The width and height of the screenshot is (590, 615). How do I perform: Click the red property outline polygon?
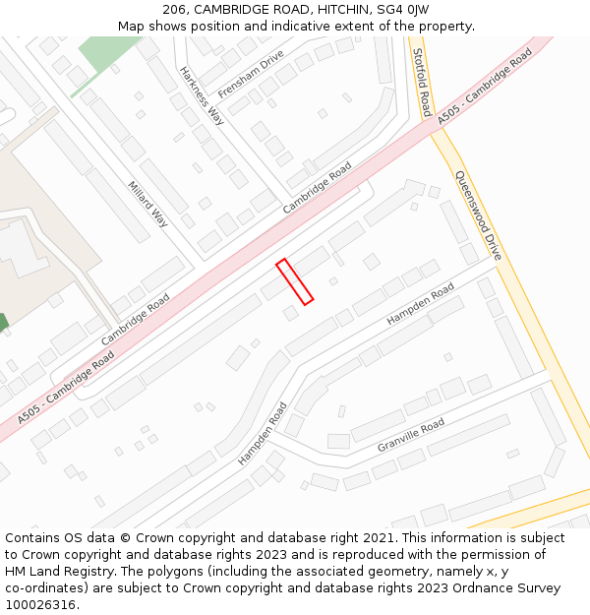pos(295,281)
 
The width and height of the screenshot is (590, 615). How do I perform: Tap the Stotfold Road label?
pos(421,82)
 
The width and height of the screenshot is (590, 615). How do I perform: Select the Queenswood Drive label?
pos(478,215)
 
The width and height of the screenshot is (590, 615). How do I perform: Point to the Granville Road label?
pos(411,435)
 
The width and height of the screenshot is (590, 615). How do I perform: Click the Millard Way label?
pos(147,204)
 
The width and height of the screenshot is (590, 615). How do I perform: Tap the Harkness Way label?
pos(202,95)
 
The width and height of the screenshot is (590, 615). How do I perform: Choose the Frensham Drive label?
pos(251,73)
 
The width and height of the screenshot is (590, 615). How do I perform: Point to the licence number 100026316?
pos(40,605)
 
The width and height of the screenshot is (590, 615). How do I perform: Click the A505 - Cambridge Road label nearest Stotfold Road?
pos(485,86)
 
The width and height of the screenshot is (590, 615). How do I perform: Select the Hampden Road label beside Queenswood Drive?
pos(420,304)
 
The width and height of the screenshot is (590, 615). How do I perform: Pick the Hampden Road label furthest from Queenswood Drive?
pos(262,433)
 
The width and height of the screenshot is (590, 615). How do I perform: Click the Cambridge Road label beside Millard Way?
pos(136,319)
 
